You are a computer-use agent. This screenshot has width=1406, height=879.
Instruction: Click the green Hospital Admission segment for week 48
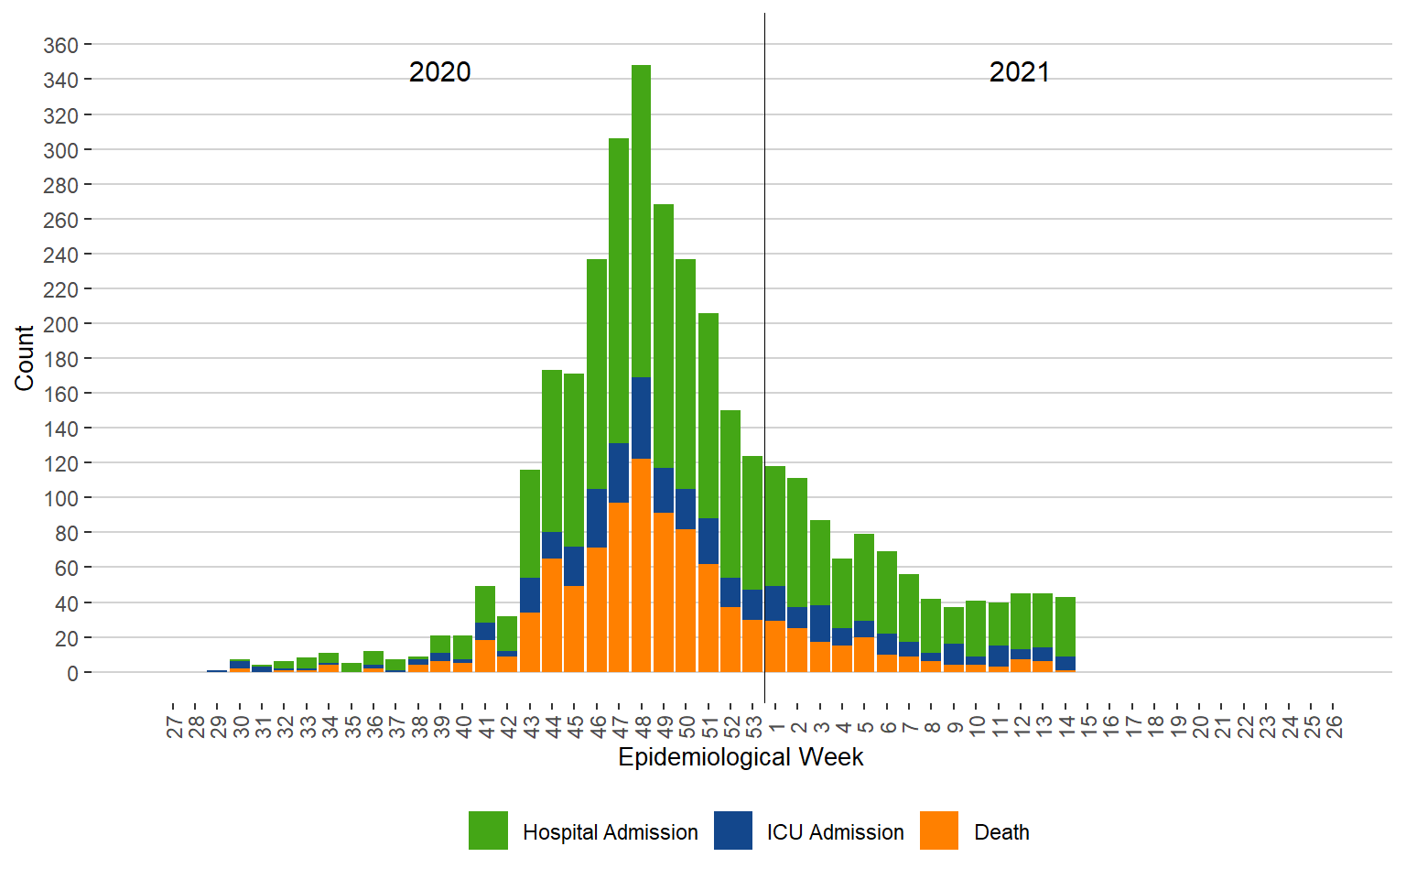pos(641,220)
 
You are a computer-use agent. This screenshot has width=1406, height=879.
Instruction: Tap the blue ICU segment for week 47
pos(619,472)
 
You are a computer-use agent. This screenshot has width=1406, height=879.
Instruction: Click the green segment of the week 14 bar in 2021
pos(1065,626)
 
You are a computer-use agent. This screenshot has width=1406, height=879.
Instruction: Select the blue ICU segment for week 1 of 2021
pos(775,603)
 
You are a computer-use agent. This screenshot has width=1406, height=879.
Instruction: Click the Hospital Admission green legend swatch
pos(488,830)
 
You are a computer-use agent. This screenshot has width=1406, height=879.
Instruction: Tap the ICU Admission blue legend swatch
pos(733,830)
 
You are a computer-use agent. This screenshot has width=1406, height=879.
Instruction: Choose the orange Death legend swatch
pos(939,830)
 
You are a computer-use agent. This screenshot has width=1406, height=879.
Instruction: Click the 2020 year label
pos(439,72)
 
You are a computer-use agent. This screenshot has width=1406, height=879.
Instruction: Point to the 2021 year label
pos(1019,72)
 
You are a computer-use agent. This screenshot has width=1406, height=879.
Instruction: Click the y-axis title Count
pos(24,358)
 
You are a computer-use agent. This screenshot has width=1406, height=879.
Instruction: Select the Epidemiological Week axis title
pos(741,757)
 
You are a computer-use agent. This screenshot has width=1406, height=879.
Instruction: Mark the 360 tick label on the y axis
pos(60,45)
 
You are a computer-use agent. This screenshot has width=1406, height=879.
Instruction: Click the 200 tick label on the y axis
pos(60,324)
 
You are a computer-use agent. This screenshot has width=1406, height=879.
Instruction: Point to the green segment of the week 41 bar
pos(485,604)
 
